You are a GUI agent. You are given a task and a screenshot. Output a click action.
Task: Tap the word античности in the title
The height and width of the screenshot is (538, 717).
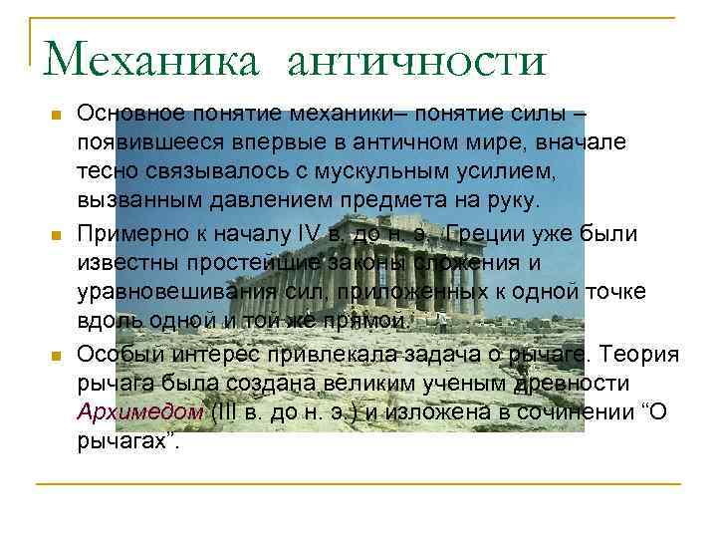(416, 61)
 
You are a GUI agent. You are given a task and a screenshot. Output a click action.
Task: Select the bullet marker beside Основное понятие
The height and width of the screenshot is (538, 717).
(55, 117)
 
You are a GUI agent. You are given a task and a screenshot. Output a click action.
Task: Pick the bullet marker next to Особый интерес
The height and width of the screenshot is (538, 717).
(55, 355)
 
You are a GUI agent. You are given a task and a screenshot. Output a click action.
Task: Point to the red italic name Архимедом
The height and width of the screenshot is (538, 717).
(140, 411)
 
